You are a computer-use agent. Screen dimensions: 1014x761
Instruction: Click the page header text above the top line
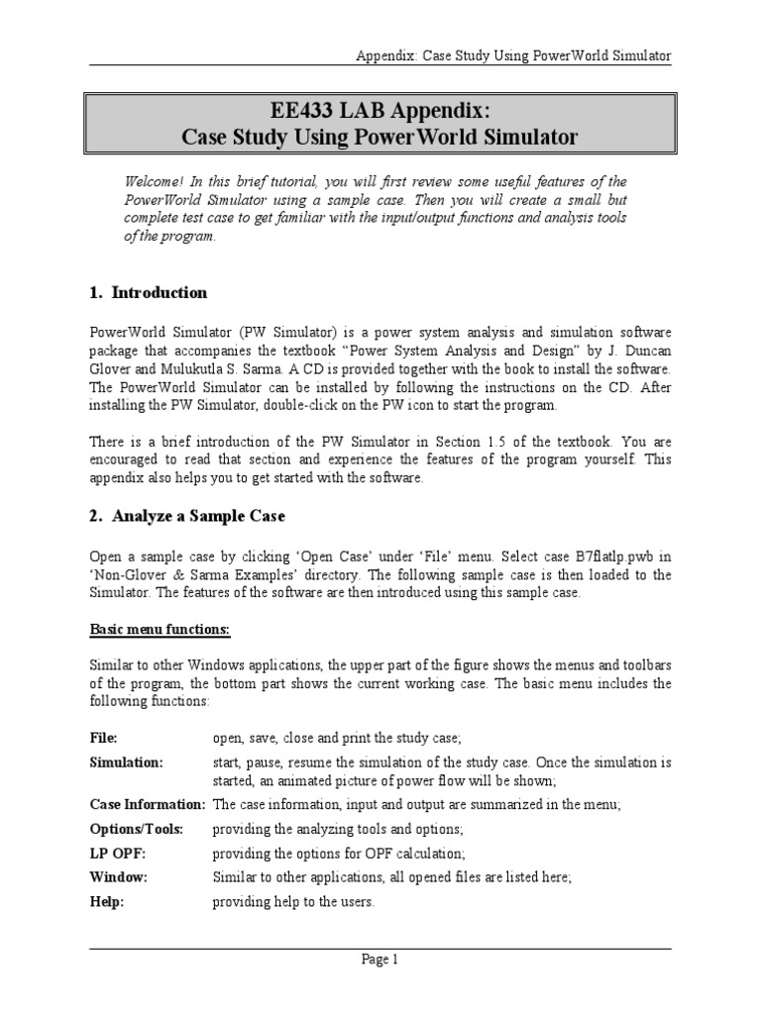[513, 56]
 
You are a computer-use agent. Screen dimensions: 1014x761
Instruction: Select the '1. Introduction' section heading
[149, 292]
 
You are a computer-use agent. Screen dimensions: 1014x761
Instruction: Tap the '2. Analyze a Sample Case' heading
[187, 515]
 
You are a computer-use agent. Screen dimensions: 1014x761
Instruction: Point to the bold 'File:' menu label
[104, 738]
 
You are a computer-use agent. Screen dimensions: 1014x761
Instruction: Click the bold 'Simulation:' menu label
[127, 762]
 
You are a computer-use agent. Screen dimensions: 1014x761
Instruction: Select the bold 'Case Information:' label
[148, 805]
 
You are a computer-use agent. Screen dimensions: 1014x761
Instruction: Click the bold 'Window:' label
[119, 876]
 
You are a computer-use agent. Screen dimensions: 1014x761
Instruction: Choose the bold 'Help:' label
[107, 901]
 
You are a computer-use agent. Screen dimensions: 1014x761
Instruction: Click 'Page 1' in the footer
[380, 959]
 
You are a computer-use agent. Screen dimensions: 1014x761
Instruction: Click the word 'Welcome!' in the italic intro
[153, 181]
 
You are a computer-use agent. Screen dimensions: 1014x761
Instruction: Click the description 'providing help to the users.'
[294, 901]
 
